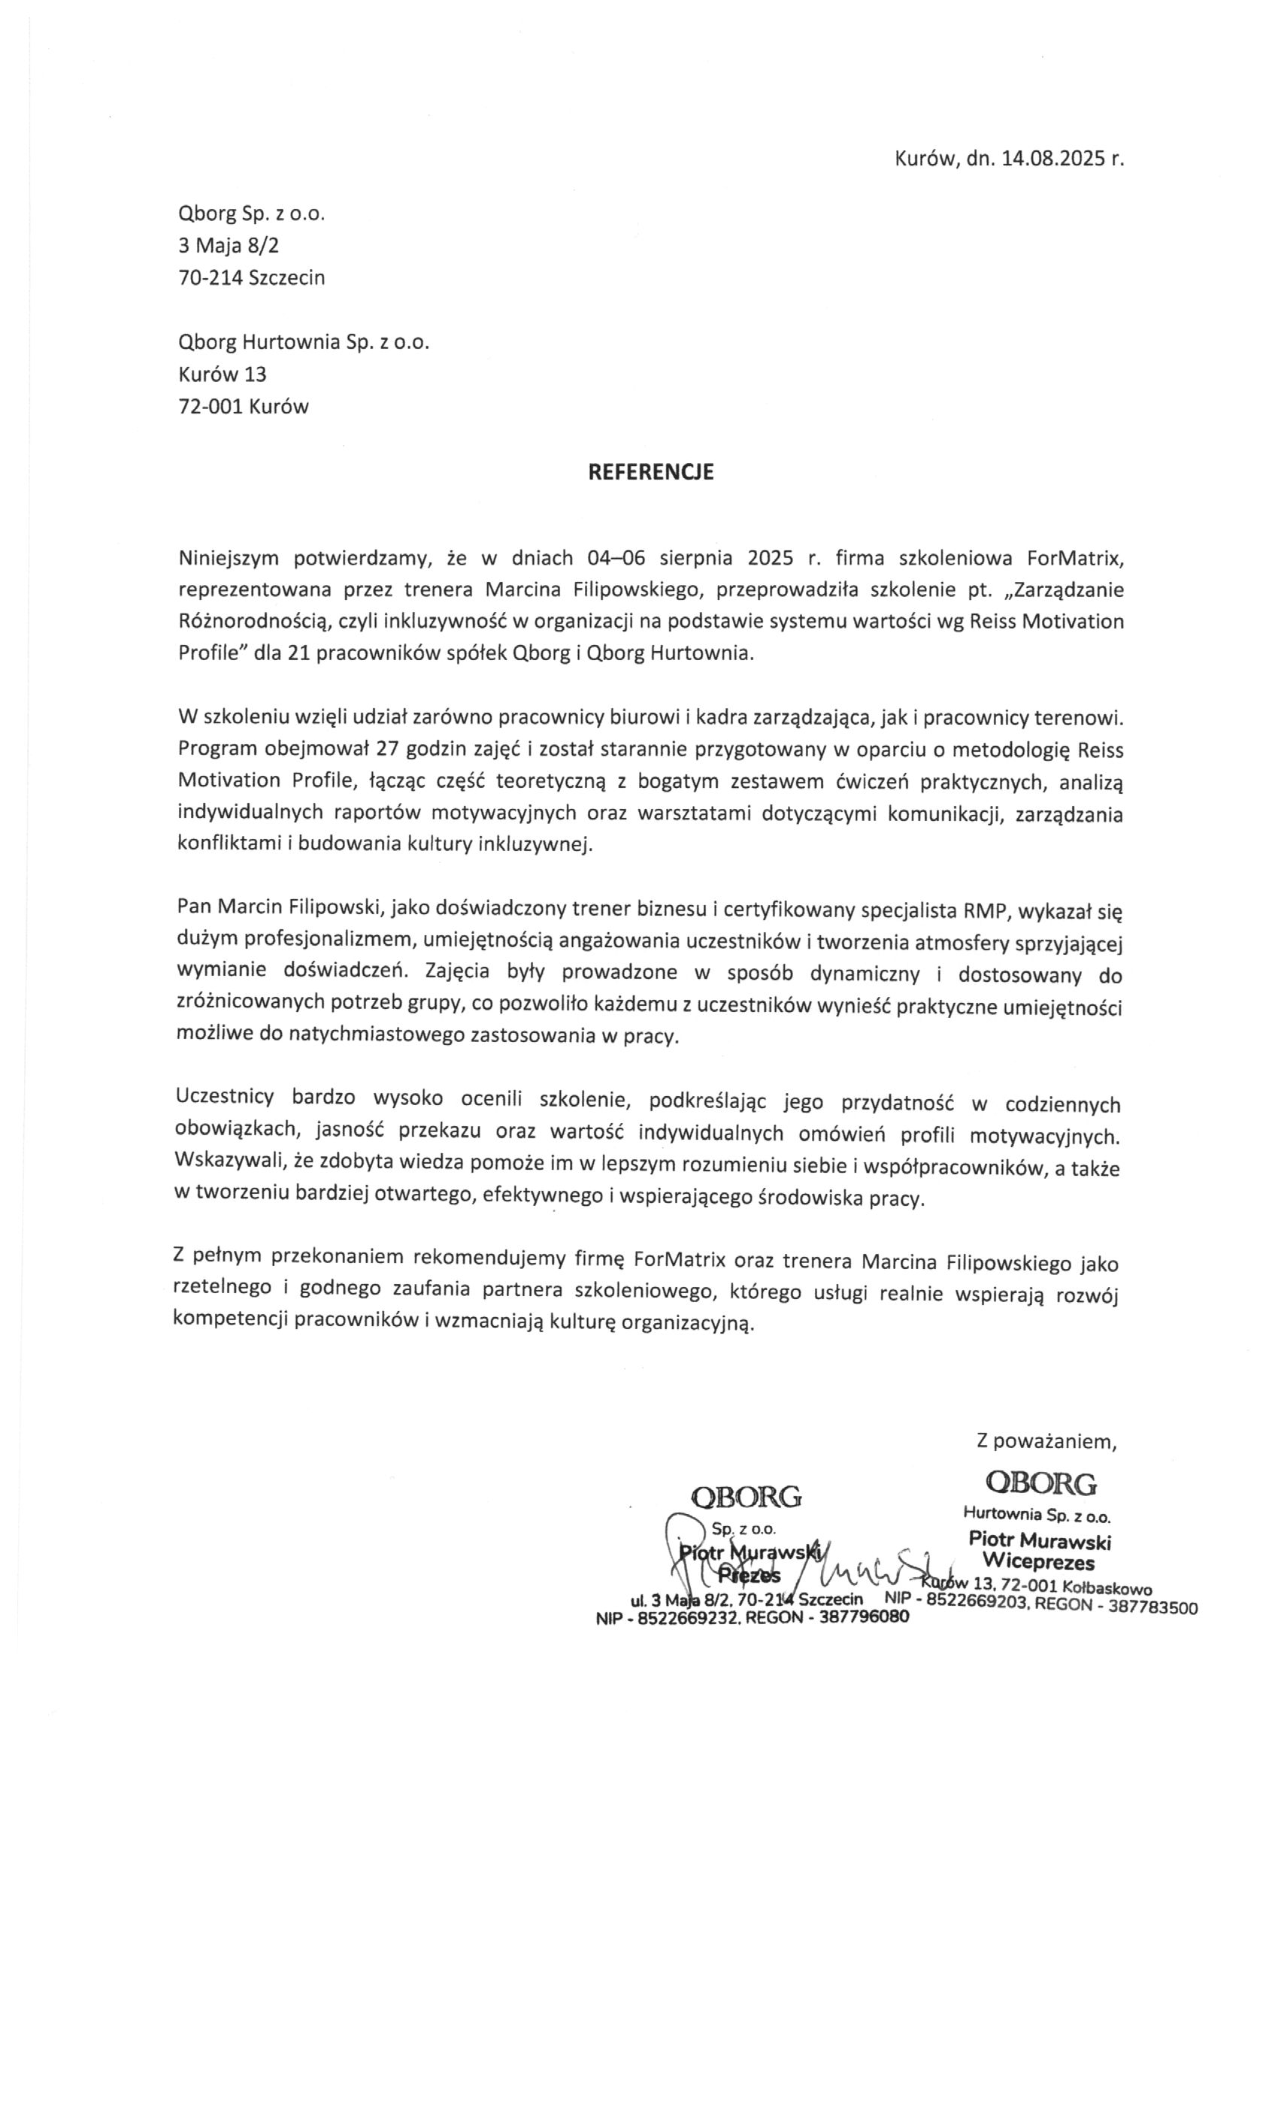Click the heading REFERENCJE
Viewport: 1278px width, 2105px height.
[651, 471]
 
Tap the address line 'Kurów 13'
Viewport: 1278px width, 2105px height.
[222, 374]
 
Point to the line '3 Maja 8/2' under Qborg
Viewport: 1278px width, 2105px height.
[228, 246]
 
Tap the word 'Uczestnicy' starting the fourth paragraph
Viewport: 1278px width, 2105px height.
[224, 1101]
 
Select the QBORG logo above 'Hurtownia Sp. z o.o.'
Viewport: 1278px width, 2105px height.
[1040, 1483]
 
